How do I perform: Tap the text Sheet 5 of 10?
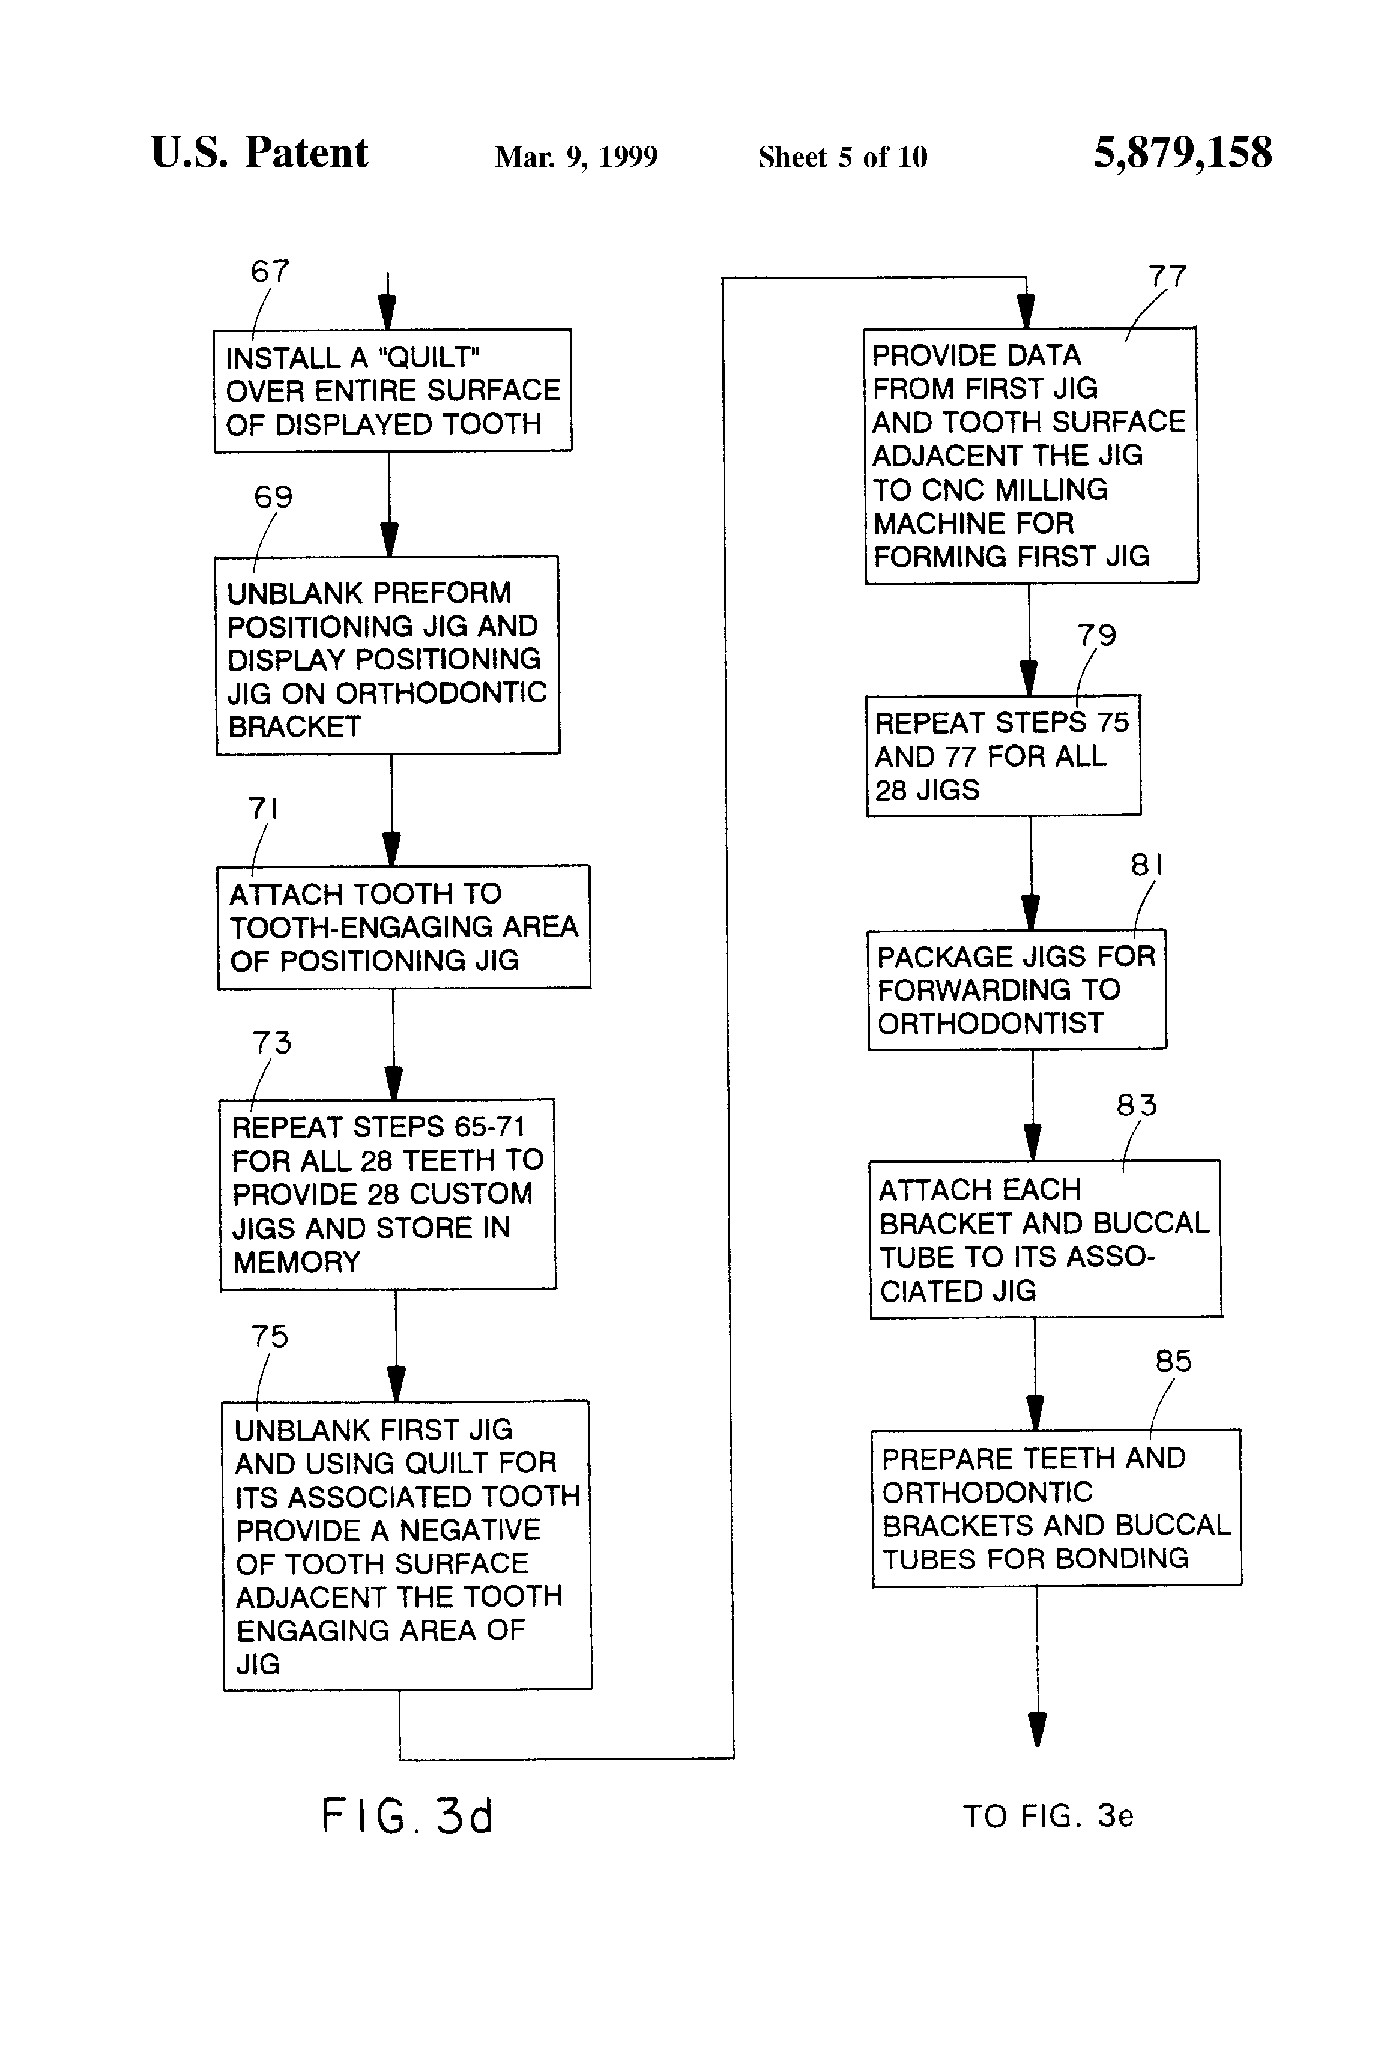click(x=842, y=157)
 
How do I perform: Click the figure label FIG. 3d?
click(x=407, y=1816)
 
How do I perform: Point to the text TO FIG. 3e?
click(x=1048, y=1816)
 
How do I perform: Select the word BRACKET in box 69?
click(x=294, y=727)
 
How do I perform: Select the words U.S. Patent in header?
click(x=260, y=153)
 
